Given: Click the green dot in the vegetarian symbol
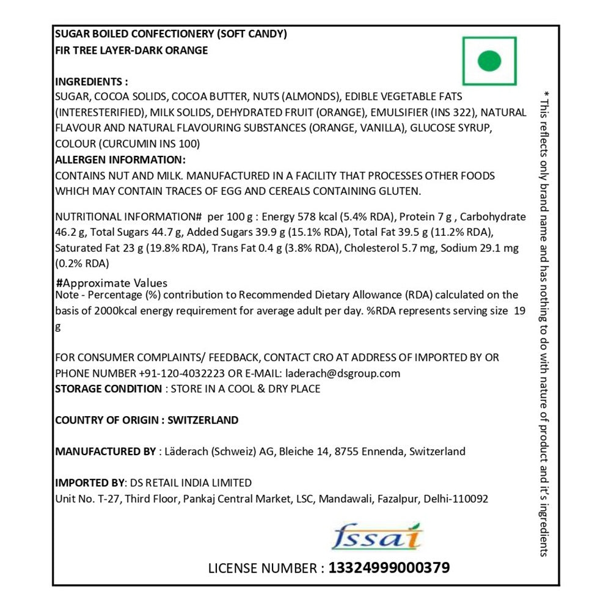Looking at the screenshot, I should click(489, 60).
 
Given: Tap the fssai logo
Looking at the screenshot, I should click(377, 537).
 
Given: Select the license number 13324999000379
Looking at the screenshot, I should click(389, 568).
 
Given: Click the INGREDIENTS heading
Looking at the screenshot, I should click(92, 82).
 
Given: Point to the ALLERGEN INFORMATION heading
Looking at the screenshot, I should click(120, 160).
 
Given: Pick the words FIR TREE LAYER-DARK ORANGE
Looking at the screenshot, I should click(131, 51).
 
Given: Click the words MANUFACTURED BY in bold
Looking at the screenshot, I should click(105, 452).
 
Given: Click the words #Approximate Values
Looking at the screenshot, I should click(111, 284).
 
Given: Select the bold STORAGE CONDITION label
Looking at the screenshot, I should click(108, 389).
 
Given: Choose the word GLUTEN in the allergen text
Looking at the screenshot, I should click(400, 191).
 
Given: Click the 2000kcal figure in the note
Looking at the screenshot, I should click(122, 310).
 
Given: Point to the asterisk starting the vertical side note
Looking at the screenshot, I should click(546, 93).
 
